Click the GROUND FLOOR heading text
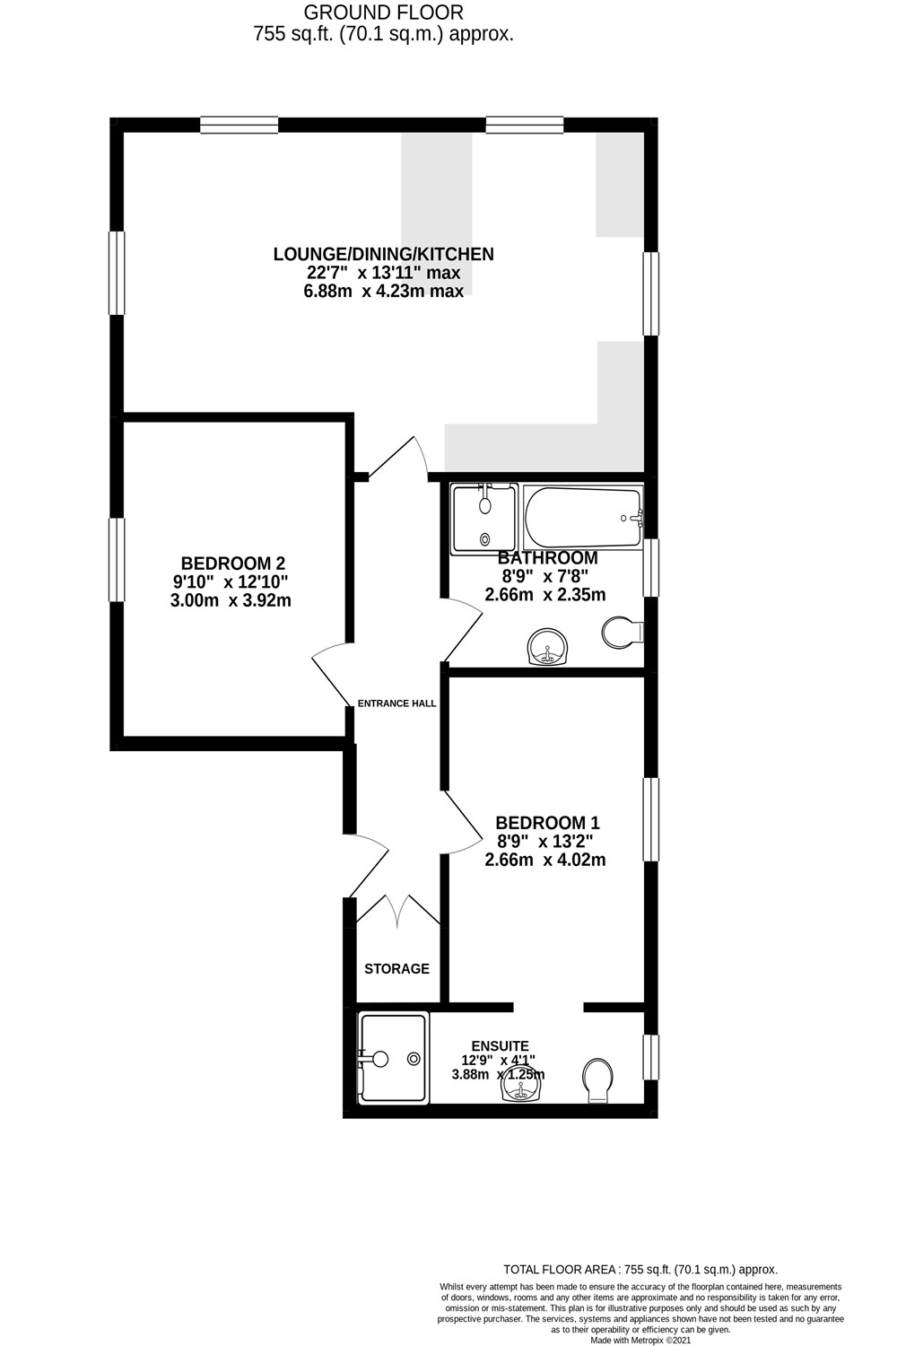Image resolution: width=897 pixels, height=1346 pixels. (x=383, y=13)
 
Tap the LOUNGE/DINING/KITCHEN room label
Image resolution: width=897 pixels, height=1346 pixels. (x=383, y=254)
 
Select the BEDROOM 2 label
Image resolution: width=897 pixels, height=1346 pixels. (x=232, y=564)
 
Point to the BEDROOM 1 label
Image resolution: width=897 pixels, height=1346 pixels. (x=547, y=822)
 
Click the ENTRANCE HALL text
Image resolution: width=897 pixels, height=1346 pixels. (x=396, y=704)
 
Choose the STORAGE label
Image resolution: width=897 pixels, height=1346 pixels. (x=396, y=969)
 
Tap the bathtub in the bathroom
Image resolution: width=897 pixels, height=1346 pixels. (x=583, y=517)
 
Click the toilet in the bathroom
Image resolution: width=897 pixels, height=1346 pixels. (x=622, y=633)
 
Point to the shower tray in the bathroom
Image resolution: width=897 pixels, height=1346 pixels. (x=484, y=517)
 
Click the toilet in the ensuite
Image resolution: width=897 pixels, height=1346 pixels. (x=597, y=1079)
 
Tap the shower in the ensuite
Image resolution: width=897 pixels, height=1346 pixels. (x=392, y=1059)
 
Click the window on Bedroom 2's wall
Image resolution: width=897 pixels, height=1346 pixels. (x=117, y=560)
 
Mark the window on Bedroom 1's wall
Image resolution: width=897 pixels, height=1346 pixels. (x=652, y=819)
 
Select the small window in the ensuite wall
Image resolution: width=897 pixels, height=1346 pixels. (x=652, y=1057)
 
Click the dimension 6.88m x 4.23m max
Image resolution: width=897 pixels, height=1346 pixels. (x=383, y=292)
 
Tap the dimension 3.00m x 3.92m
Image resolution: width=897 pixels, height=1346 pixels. (x=231, y=601)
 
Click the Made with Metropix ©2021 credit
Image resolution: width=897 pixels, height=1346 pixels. (x=640, y=1341)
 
